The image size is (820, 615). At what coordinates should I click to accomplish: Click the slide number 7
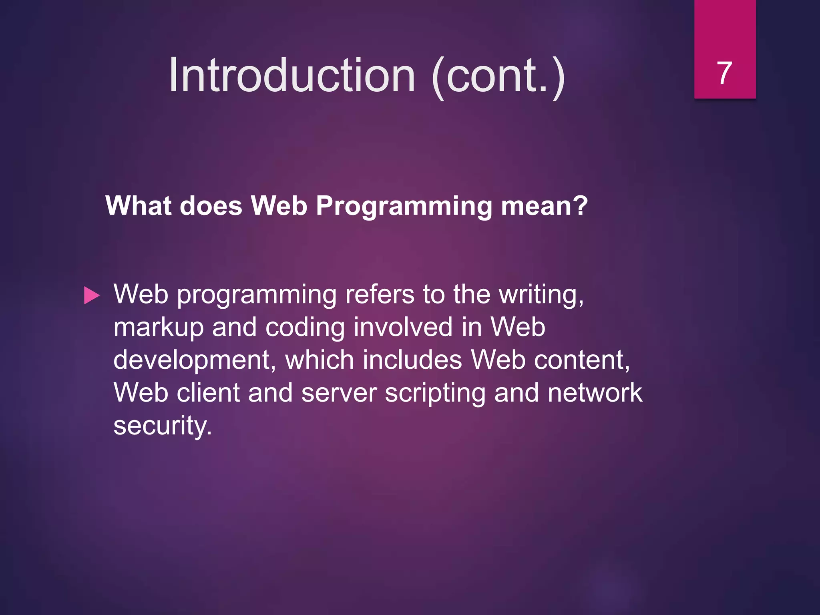pos(724,73)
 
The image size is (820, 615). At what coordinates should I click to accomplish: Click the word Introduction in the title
pos(292,75)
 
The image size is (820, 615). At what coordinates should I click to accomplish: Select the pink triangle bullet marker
pos(92,296)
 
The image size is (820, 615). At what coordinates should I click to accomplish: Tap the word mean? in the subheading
pos(545,206)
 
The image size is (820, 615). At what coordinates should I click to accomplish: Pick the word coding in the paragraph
pos(305,328)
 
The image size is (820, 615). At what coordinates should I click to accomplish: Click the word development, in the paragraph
pos(195,360)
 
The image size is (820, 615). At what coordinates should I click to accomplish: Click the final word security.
pos(162,426)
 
